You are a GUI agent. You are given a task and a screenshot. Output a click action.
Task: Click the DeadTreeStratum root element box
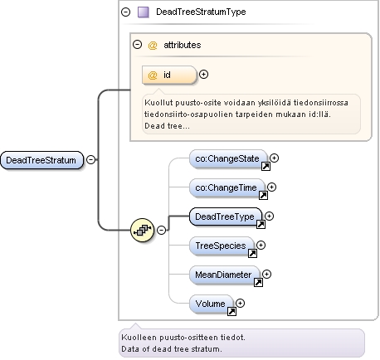(x=41, y=160)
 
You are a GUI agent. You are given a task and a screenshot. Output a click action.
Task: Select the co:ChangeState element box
(x=228, y=158)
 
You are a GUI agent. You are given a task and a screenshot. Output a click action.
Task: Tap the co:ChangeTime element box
(x=227, y=187)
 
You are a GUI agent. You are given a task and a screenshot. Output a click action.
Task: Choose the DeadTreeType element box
(x=226, y=216)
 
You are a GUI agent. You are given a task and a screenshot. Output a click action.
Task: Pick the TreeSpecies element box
(x=222, y=246)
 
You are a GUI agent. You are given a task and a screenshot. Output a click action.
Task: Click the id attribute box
(x=169, y=75)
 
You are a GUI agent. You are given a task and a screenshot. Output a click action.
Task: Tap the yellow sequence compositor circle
(x=142, y=230)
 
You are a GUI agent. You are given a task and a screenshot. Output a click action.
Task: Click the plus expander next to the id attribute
(x=203, y=75)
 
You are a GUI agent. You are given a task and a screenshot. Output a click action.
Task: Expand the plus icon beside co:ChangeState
(x=274, y=158)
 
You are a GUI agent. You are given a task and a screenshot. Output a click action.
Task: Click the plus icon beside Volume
(x=240, y=304)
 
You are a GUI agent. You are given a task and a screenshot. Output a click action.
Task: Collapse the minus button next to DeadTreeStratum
(x=90, y=159)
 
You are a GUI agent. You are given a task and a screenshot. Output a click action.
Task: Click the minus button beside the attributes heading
(x=137, y=44)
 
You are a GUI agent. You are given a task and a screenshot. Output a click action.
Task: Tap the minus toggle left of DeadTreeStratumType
(x=125, y=12)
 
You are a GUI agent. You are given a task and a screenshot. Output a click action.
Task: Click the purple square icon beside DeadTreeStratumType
(x=144, y=12)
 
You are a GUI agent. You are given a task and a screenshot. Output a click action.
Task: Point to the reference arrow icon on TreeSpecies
(x=252, y=253)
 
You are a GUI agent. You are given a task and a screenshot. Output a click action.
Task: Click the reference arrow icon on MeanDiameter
(x=258, y=282)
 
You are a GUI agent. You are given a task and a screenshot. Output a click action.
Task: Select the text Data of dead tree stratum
(x=172, y=349)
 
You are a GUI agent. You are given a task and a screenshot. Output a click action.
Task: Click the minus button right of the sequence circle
(x=161, y=230)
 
